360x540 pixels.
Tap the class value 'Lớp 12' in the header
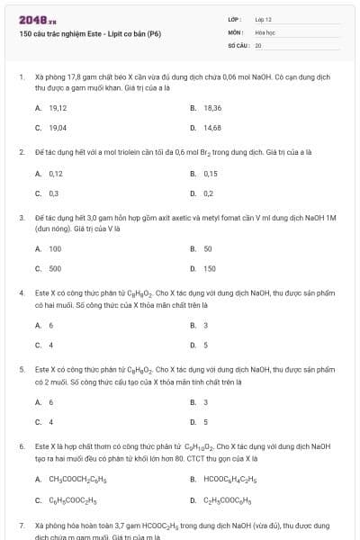pos(263,18)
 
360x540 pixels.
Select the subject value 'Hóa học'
pos(264,31)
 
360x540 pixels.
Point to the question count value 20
pos(258,43)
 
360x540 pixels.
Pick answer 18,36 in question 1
pos(212,107)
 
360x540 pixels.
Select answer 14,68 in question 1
pos(212,128)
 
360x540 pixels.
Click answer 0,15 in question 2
pos(211,173)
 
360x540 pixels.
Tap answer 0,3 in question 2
pos(54,193)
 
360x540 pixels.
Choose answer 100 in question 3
pos(55,248)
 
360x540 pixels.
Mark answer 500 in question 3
pos(55,268)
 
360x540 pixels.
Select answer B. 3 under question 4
pos(206,325)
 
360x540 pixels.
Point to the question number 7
pos(21,524)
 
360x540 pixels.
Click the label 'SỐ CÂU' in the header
pos(238,43)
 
